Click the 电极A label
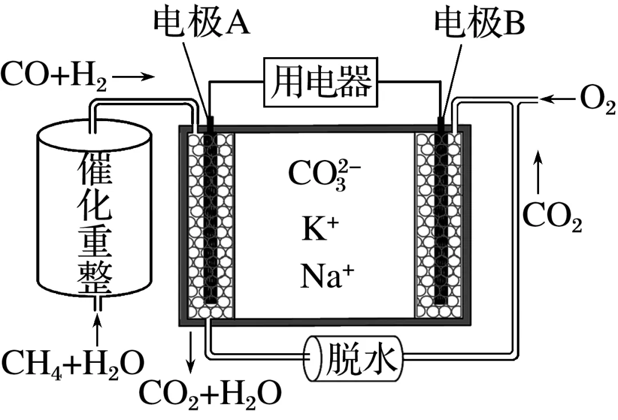(202, 23)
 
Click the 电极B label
(479, 23)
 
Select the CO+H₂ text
(54, 77)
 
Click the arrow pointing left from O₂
(557, 101)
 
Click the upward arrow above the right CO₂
(538, 171)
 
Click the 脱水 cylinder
(352, 358)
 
